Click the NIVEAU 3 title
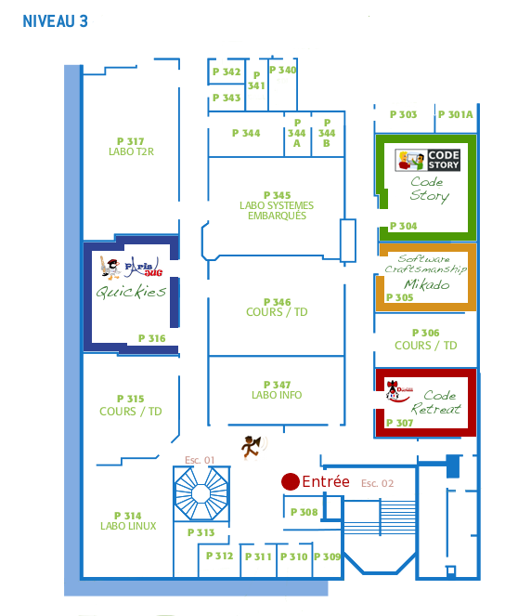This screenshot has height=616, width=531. pyautogui.click(x=55, y=21)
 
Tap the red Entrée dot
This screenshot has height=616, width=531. pyautogui.click(x=291, y=481)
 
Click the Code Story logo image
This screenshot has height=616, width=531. pyautogui.click(x=427, y=160)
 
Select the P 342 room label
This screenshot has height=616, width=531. pyautogui.click(x=227, y=72)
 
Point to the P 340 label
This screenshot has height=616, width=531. pyautogui.click(x=282, y=70)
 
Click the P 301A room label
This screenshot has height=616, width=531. pyautogui.click(x=455, y=114)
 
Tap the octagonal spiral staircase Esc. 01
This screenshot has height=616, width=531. pyautogui.click(x=201, y=493)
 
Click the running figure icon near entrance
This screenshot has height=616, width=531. pyautogui.click(x=253, y=447)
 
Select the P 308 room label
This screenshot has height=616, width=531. pyautogui.click(x=304, y=512)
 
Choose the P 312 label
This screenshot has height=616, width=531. pyautogui.click(x=219, y=556)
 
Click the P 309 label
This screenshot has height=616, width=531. pyautogui.click(x=327, y=557)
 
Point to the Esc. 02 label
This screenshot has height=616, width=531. pyautogui.click(x=377, y=483)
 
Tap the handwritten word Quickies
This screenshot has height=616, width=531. pyautogui.click(x=131, y=292)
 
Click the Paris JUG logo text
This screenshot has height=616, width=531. pyautogui.click(x=144, y=268)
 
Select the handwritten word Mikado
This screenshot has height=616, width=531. pyautogui.click(x=427, y=284)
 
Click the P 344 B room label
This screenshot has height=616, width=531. pyautogui.click(x=327, y=133)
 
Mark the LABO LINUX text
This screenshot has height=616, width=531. pyautogui.click(x=128, y=526)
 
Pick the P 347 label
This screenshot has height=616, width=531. pyautogui.click(x=277, y=385)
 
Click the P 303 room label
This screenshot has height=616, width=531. pyautogui.click(x=403, y=114)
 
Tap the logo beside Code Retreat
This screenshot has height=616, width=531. pyautogui.click(x=398, y=390)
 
